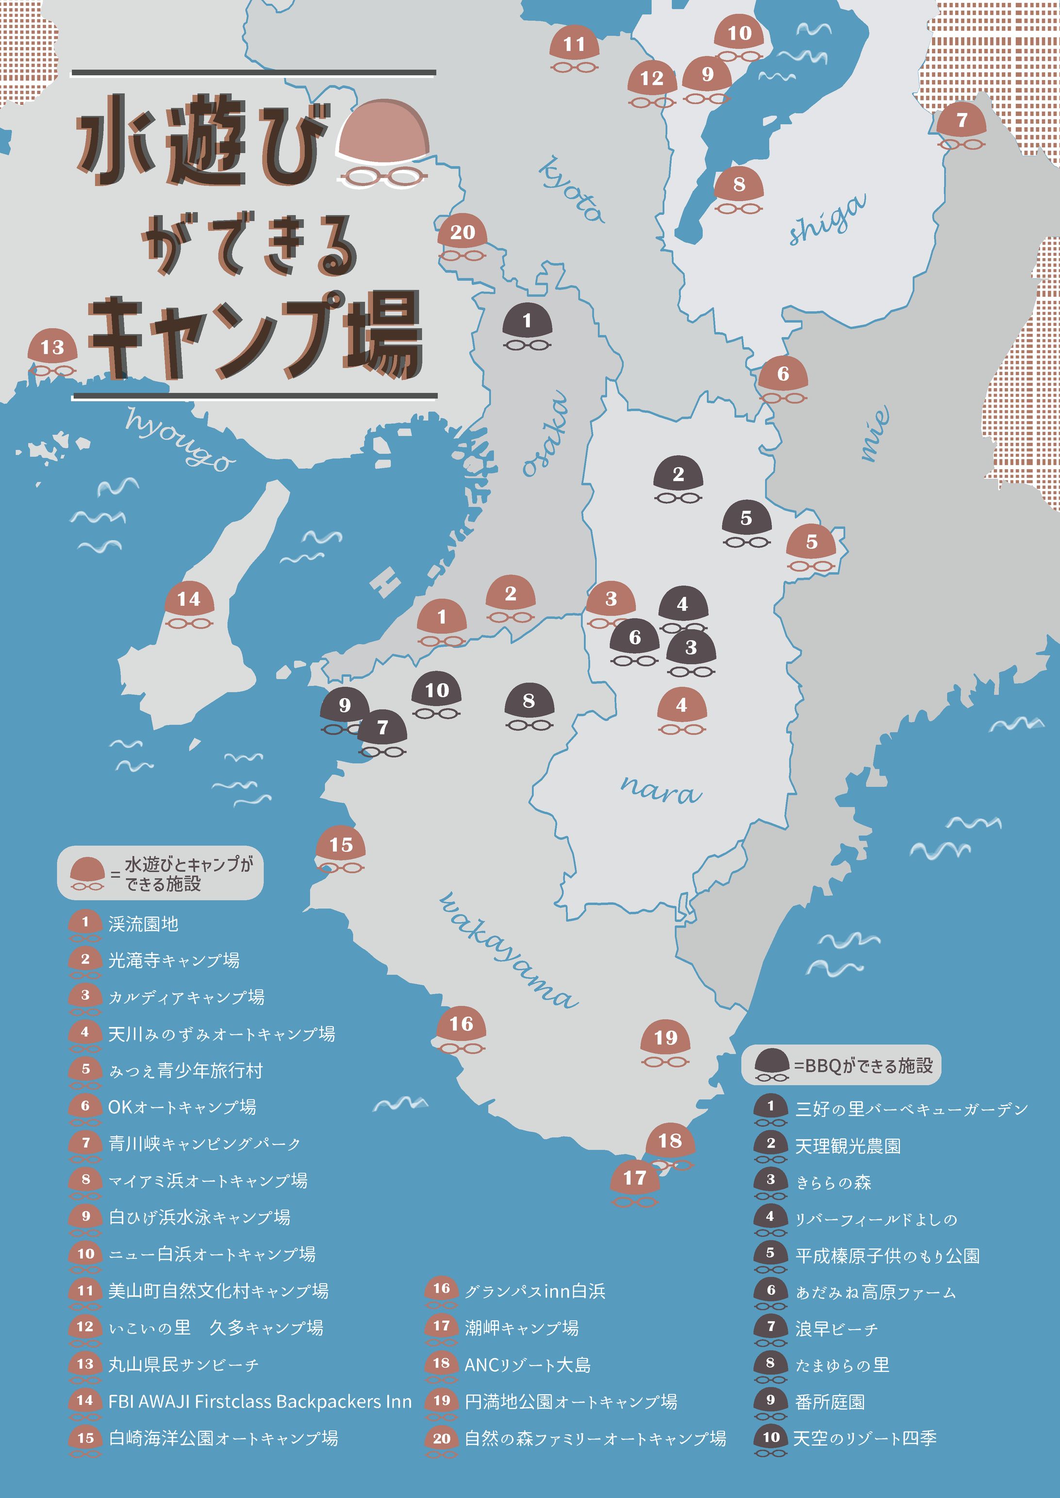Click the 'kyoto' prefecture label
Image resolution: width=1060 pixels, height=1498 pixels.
571,189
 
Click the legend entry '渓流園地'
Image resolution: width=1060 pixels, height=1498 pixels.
143,924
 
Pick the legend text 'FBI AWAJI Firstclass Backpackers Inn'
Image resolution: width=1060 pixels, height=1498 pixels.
260,1401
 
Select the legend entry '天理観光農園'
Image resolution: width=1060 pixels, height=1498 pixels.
847,1146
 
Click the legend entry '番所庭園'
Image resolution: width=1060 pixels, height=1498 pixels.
829,1401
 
